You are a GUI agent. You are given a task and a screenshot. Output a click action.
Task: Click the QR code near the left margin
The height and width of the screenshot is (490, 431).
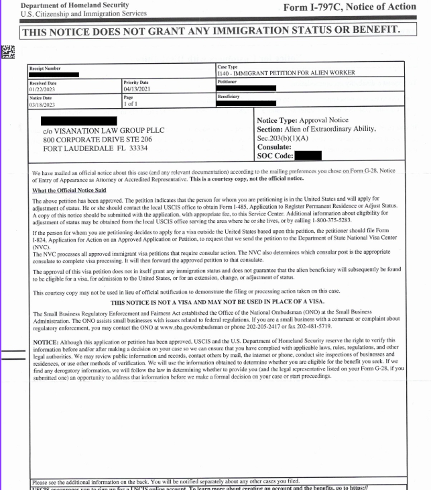(x=8, y=52)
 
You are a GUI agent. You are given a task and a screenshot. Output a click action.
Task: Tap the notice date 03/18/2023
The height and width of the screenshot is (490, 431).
(x=42, y=104)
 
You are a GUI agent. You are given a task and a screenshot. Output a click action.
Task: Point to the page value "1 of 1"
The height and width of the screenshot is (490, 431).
(x=133, y=104)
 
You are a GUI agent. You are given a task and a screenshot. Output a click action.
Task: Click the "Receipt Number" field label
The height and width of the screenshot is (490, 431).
(x=44, y=68)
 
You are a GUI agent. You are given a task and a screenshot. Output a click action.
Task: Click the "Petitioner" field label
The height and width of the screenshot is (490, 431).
(x=228, y=81)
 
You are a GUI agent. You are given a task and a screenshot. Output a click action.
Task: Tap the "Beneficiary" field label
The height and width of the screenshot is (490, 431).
(x=229, y=97)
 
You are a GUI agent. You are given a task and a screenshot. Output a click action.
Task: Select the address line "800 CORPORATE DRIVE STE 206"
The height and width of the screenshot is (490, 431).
(x=97, y=139)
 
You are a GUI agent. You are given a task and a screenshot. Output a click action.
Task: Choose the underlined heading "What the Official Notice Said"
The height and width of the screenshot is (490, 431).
(x=72, y=191)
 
